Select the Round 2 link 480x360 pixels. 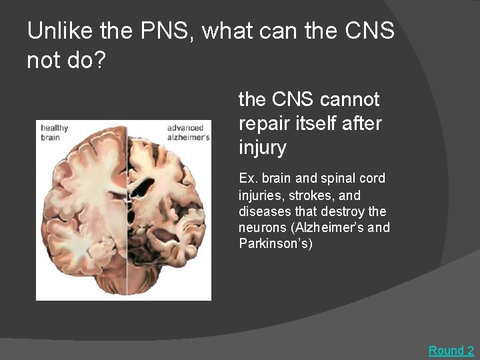click(451, 350)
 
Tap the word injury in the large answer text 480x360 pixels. click(262, 147)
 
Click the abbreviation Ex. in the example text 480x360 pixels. click(248, 179)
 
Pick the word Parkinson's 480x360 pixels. click(274, 243)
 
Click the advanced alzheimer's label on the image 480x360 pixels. click(188, 132)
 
